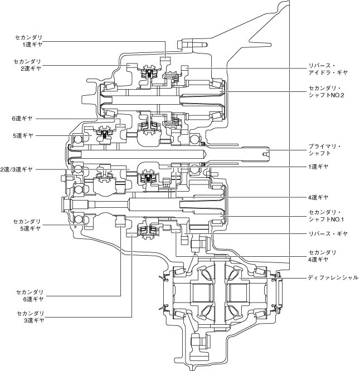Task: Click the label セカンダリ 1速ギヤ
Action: point(28,41)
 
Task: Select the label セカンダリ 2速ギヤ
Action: point(27,65)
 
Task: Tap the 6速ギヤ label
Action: point(22,119)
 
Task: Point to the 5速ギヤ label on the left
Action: point(23,136)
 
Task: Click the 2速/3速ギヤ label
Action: point(16,169)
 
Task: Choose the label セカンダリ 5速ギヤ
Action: point(27,225)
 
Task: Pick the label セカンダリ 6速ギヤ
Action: point(30,296)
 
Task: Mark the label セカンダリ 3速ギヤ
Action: point(31,317)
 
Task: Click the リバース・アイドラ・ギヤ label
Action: point(328,69)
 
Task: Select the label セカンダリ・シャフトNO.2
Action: point(326,91)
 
